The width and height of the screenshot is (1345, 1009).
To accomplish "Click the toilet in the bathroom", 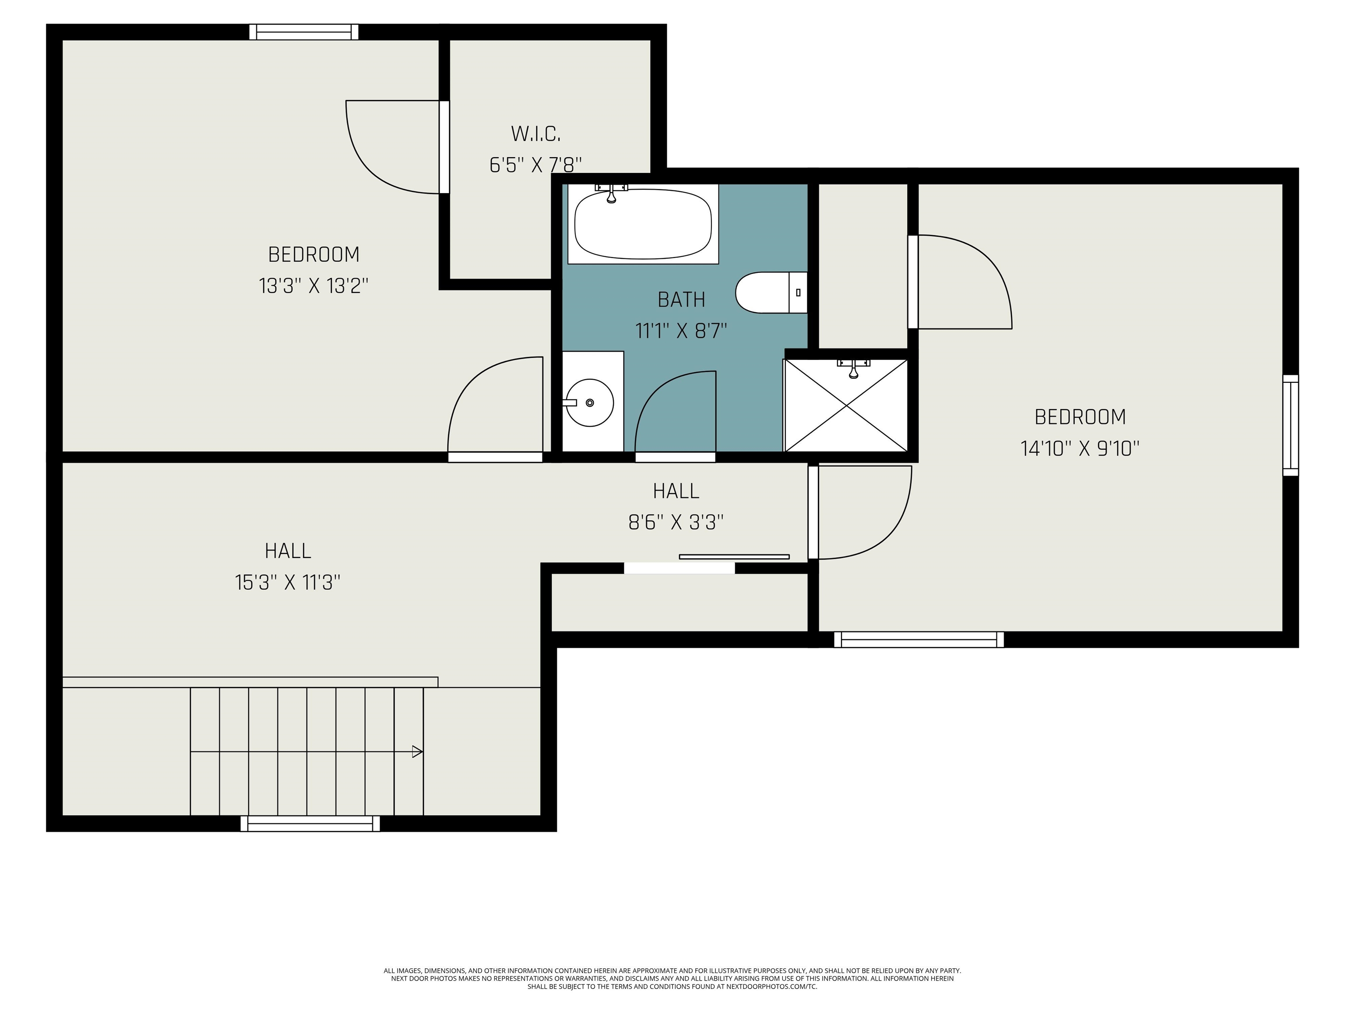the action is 771,293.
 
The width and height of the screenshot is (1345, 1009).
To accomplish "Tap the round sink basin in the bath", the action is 589,402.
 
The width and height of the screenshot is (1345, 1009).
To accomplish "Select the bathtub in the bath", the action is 643,224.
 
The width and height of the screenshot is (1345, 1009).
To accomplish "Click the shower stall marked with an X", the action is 846,405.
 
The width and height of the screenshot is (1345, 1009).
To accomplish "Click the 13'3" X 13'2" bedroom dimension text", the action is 314,286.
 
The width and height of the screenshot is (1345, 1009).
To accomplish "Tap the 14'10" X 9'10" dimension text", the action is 1080,449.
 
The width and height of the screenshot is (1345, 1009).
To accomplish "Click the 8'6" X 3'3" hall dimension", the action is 676,522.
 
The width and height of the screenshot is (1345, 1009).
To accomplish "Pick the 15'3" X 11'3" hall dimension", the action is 288,582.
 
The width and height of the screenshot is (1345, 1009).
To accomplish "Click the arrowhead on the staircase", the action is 418,752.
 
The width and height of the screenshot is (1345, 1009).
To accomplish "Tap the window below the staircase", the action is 310,823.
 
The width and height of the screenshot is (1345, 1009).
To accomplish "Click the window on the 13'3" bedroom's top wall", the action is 303,32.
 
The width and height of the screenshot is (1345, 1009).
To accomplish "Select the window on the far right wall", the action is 1291,425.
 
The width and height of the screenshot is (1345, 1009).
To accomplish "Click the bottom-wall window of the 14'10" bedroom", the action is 919,639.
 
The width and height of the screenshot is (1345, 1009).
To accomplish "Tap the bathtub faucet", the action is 611,193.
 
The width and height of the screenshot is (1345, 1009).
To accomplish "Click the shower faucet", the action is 853,367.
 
